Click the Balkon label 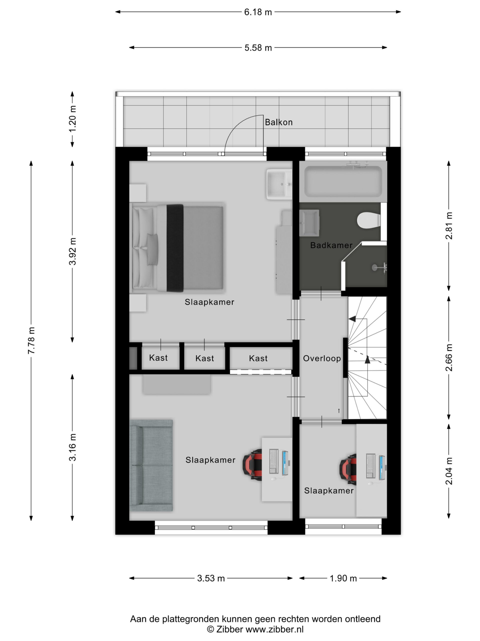point(279,122)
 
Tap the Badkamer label point(331,245)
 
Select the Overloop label point(322,359)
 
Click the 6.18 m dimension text point(258,12)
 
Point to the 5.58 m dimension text point(258,48)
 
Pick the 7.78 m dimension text point(31,340)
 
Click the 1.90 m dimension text point(343,578)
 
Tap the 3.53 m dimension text point(211,578)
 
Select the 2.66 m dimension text point(449,358)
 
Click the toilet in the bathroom point(368,221)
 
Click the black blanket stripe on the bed point(175,248)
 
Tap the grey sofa point(151,466)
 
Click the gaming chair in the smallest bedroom point(348,469)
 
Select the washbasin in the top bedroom point(279,185)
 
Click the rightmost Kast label point(258,359)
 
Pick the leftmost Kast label point(158,358)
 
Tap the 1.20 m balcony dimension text point(72,119)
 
